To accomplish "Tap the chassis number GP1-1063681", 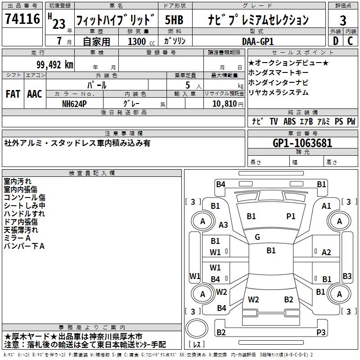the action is pos(302,143).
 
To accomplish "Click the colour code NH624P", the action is pos(75,103).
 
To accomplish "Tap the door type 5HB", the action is pos(174,20).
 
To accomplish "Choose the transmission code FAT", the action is pos(13,94).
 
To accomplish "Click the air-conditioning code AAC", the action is pos(35,94).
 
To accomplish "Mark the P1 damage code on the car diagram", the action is pos(291,216).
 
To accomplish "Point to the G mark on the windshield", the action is pos(257,237).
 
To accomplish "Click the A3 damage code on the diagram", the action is pos(223,225).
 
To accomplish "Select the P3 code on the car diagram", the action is pos(321,332).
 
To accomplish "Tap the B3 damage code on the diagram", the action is pos(347,276).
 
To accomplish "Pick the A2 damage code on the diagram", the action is pos(327,252).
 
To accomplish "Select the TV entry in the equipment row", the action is pos(274,121).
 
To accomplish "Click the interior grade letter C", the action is pos(350,41).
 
